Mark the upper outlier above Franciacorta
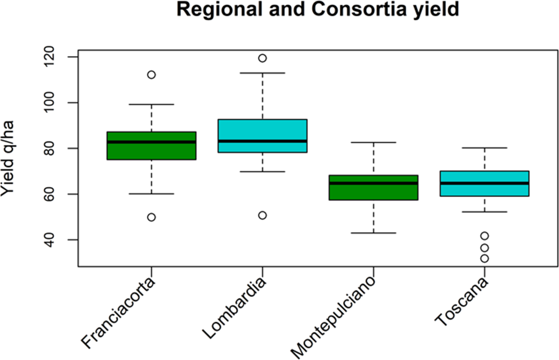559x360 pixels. click(151, 75)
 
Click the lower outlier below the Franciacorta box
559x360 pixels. click(151, 217)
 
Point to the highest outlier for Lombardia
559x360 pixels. click(262, 58)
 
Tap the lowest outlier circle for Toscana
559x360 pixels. click(484, 258)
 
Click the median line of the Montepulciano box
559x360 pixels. click(373, 183)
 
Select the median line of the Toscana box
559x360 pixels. click(484, 183)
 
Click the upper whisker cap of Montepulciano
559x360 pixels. click(373, 142)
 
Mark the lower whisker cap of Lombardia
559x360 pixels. click(262, 172)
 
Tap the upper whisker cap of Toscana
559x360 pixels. click(484, 148)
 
